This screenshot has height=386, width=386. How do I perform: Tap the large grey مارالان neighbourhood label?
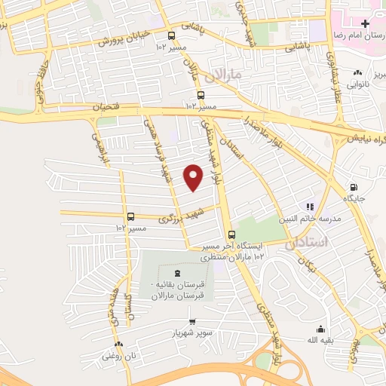[x=222, y=75]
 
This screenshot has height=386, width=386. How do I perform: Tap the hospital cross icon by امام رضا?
[x=365, y=24]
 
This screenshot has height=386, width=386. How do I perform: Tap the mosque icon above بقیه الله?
[x=321, y=329]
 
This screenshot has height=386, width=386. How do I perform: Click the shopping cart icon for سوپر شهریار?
[x=192, y=321]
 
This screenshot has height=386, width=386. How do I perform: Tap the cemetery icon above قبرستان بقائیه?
[x=176, y=273]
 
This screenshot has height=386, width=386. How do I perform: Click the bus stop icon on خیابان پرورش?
[x=172, y=35]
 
